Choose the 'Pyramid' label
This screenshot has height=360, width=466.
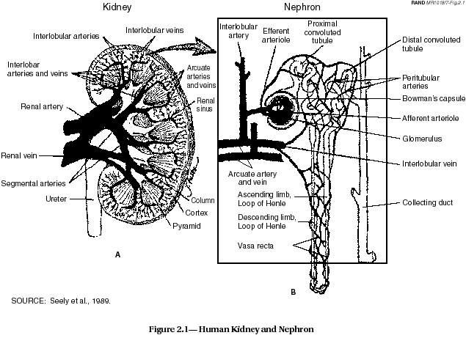(188, 226)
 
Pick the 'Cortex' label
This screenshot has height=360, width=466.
(197, 213)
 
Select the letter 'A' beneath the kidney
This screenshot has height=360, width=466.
(117, 254)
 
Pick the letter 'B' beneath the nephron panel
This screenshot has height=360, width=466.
(292, 291)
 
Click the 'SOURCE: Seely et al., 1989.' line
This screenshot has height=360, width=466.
(60, 301)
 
